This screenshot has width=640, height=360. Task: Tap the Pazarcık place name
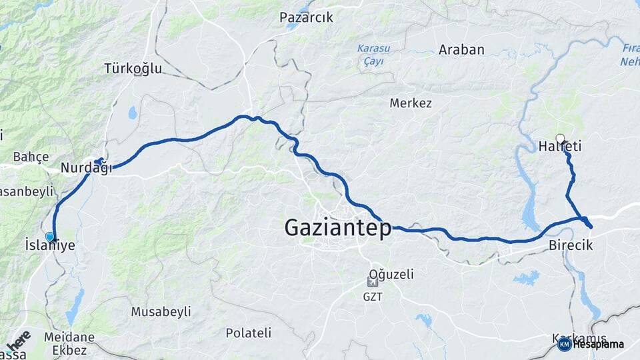[306, 18]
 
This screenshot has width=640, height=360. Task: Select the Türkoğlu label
[133, 68]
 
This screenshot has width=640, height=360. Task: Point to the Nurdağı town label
[86, 168]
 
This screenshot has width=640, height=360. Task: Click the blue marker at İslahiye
[49, 237]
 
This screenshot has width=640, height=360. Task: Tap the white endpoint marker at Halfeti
[560, 139]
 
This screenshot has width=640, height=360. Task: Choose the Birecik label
[571, 246]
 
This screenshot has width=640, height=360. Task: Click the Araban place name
[461, 49]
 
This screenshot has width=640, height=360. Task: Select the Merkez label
[411, 103]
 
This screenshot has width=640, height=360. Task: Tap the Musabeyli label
[161, 311]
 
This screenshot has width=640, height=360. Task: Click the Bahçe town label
[31, 157]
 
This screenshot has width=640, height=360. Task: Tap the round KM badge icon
[564, 345]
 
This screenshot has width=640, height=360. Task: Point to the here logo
[18, 340]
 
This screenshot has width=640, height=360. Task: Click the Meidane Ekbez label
[65, 343]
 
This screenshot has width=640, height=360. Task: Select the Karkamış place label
[579, 338]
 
